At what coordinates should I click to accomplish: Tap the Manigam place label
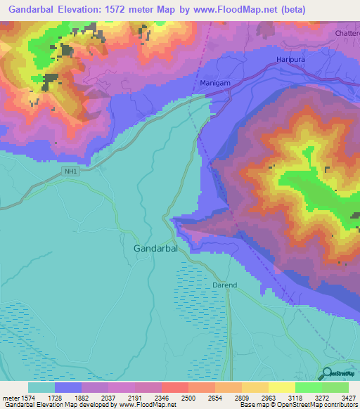(x=215, y=83)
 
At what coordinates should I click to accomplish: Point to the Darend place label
(x=225, y=285)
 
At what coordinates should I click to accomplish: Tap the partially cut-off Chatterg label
(x=347, y=33)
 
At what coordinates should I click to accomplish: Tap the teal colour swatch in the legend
(x=41, y=387)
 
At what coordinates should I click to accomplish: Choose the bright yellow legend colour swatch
(x=282, y=387)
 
